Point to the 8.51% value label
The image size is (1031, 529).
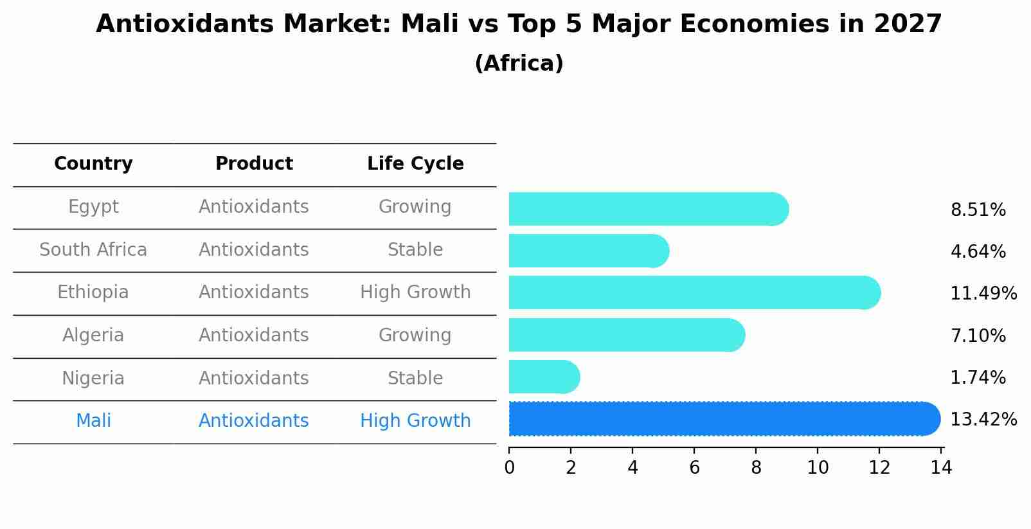tap(978, 210)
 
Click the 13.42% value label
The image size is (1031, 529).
tap(983, 420)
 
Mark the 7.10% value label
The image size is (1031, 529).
tap(978, 336)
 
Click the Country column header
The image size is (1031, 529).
tap(93, 164)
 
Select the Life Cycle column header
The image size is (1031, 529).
tap(415, 164)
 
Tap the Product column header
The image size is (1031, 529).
tap(254, 164)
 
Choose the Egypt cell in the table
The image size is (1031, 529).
tap(93, 207)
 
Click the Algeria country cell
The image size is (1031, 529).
tap(93, 336)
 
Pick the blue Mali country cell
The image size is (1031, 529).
tap(93, 421)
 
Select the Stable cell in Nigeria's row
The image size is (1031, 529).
tap(415, 378)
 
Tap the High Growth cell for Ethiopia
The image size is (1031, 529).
tap(415, 292)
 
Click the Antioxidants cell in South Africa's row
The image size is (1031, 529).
tap(254, 249)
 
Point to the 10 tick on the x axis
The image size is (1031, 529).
tap(818, 468)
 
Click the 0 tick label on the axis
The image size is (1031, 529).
tap(509, 468)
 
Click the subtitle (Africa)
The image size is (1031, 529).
tap(519, 64)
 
